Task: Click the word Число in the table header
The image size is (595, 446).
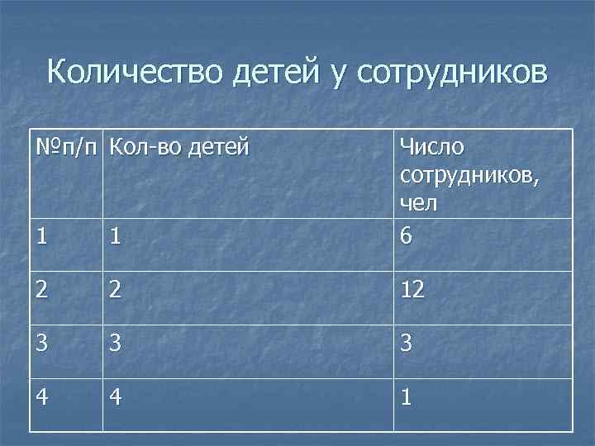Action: [x=431, y=148]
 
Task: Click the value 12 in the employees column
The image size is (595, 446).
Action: [x=412, y=290]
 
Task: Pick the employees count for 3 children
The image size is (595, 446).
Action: [x=406, y=344]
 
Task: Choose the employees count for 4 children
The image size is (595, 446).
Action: [x=405, y=398]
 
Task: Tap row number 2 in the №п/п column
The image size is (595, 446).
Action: [x=42, y=290]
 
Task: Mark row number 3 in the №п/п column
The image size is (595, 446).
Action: [x=42, y=344]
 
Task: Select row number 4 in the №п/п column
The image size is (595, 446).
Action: [x=43, y=398]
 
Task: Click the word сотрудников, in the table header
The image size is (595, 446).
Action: [x=469, y=175]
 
